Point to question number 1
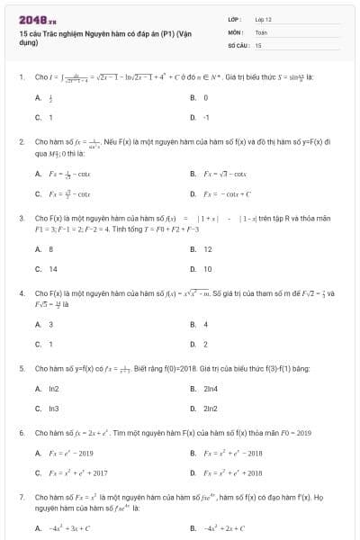[21, 77]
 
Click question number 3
[21, 218]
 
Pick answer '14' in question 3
[52, 269]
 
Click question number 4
[21, 293]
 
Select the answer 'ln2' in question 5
[53, 388]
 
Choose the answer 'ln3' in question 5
[53, 408]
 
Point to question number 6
[21, 433]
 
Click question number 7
[21, 496]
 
